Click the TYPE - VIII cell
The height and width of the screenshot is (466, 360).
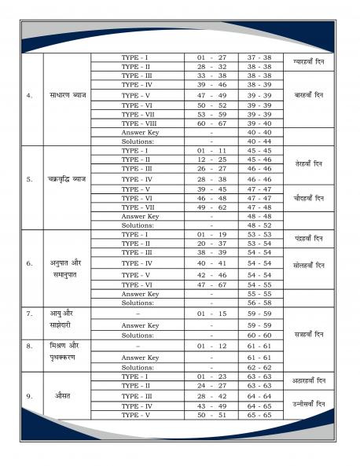(x=138, y=123)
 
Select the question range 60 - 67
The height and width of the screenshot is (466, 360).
(x=211, y=123)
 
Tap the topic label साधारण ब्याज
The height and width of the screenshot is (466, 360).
(x=68, y=95)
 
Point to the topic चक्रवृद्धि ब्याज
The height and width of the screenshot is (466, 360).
(x=68, y=178)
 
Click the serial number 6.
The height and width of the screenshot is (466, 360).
(x=29, y=263)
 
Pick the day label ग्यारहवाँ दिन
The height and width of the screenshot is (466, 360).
(x=307, y=58)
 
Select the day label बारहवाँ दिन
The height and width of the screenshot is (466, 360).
(x=307, y=95)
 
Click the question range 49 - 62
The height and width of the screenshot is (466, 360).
(x=211, y=207)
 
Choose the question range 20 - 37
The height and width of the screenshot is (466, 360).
(x=211, y=244)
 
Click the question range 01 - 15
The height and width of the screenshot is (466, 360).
(x=211, y=314)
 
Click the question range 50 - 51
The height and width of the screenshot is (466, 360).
(x=211, y=414)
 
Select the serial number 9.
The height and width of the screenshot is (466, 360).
(x=29, y=395)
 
